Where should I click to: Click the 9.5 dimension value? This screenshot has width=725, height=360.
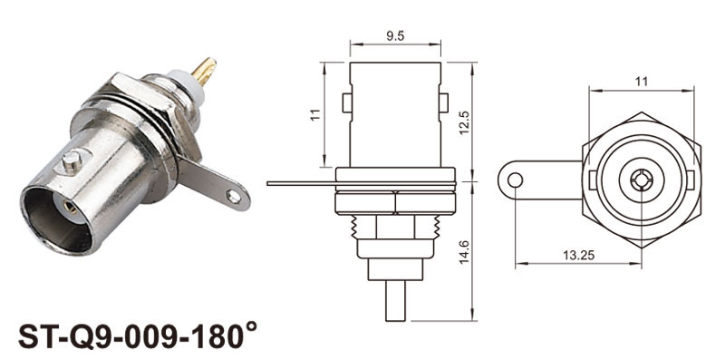coord(395,36)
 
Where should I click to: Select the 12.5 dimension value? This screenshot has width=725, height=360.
coord(465,122)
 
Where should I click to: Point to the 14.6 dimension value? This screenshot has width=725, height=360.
coord(465,252)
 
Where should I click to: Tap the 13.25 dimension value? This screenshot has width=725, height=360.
coord(578,255)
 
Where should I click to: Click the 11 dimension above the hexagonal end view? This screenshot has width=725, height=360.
coord(642,82)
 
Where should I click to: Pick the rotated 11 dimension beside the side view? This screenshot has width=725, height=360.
coord(315,115)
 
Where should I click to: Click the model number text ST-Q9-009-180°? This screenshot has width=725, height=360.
coord(138,336)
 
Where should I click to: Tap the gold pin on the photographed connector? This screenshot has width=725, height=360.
coord(204,71)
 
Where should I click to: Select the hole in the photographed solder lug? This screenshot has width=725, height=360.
coord(235,197)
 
